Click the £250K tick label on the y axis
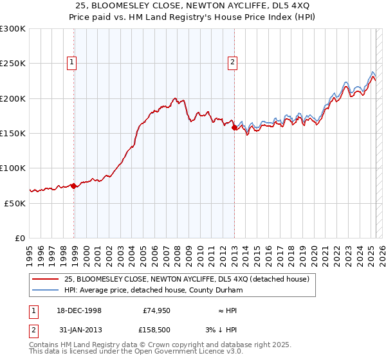coord(12,64)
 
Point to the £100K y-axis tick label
coord(12,168)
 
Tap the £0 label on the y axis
coord(19,238)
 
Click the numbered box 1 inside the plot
coord(71,62)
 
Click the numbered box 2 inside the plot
coord(232,62)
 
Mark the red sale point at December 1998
coord(74,186)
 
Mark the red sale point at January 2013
coord(234,127)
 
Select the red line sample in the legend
coord(46,279)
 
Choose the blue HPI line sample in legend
coord(46,290)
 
